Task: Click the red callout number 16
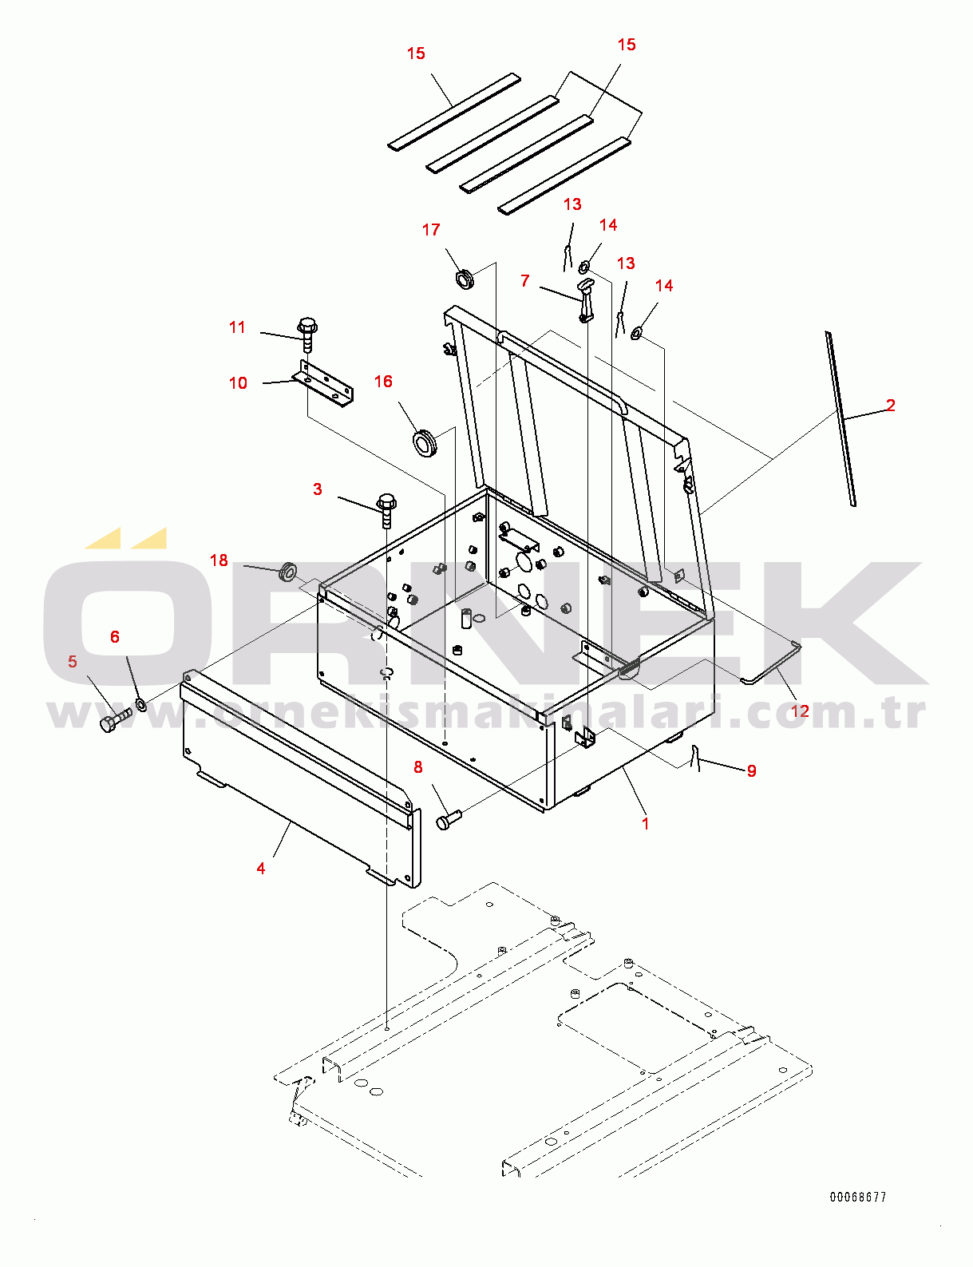click(383, 382)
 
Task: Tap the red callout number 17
click(431, 230)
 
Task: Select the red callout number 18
click(219, 560)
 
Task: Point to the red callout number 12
click(801, 711)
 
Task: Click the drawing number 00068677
click(858, 1197)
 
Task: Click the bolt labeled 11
click(307, 334)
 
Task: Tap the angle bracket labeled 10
click(323, 382)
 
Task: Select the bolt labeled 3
click(386, 511)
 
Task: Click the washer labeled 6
click(140, 704)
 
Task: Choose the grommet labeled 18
click(287, 571)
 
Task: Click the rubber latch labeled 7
click(585, 299)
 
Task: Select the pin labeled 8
click(448, 821)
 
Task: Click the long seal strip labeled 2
click(840, 418)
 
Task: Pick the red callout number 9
click(751, 770)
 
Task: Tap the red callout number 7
click(525, 281)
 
